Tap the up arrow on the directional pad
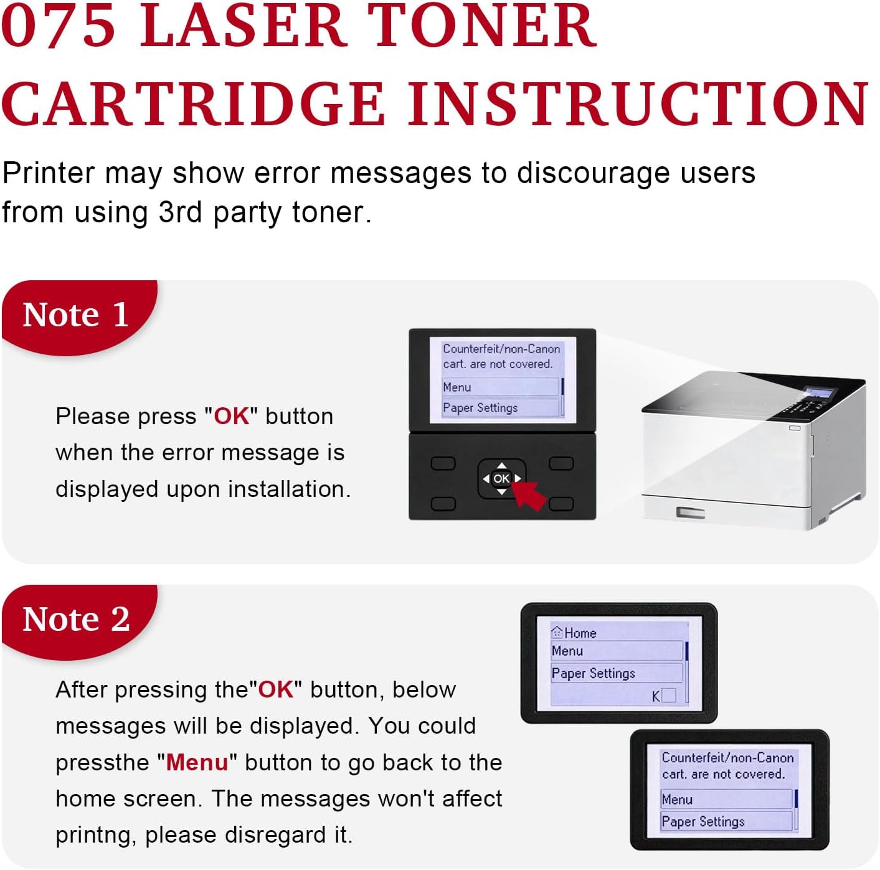tap(501, 466)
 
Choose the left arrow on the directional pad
tap(486, 479)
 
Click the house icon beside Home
tap(557, 632)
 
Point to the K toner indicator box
tap(668, 695)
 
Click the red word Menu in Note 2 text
tap(197, 763)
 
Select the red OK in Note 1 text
tap(232, 417)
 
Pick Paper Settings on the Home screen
tap(593, 673)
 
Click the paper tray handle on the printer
tap(690, 513)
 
